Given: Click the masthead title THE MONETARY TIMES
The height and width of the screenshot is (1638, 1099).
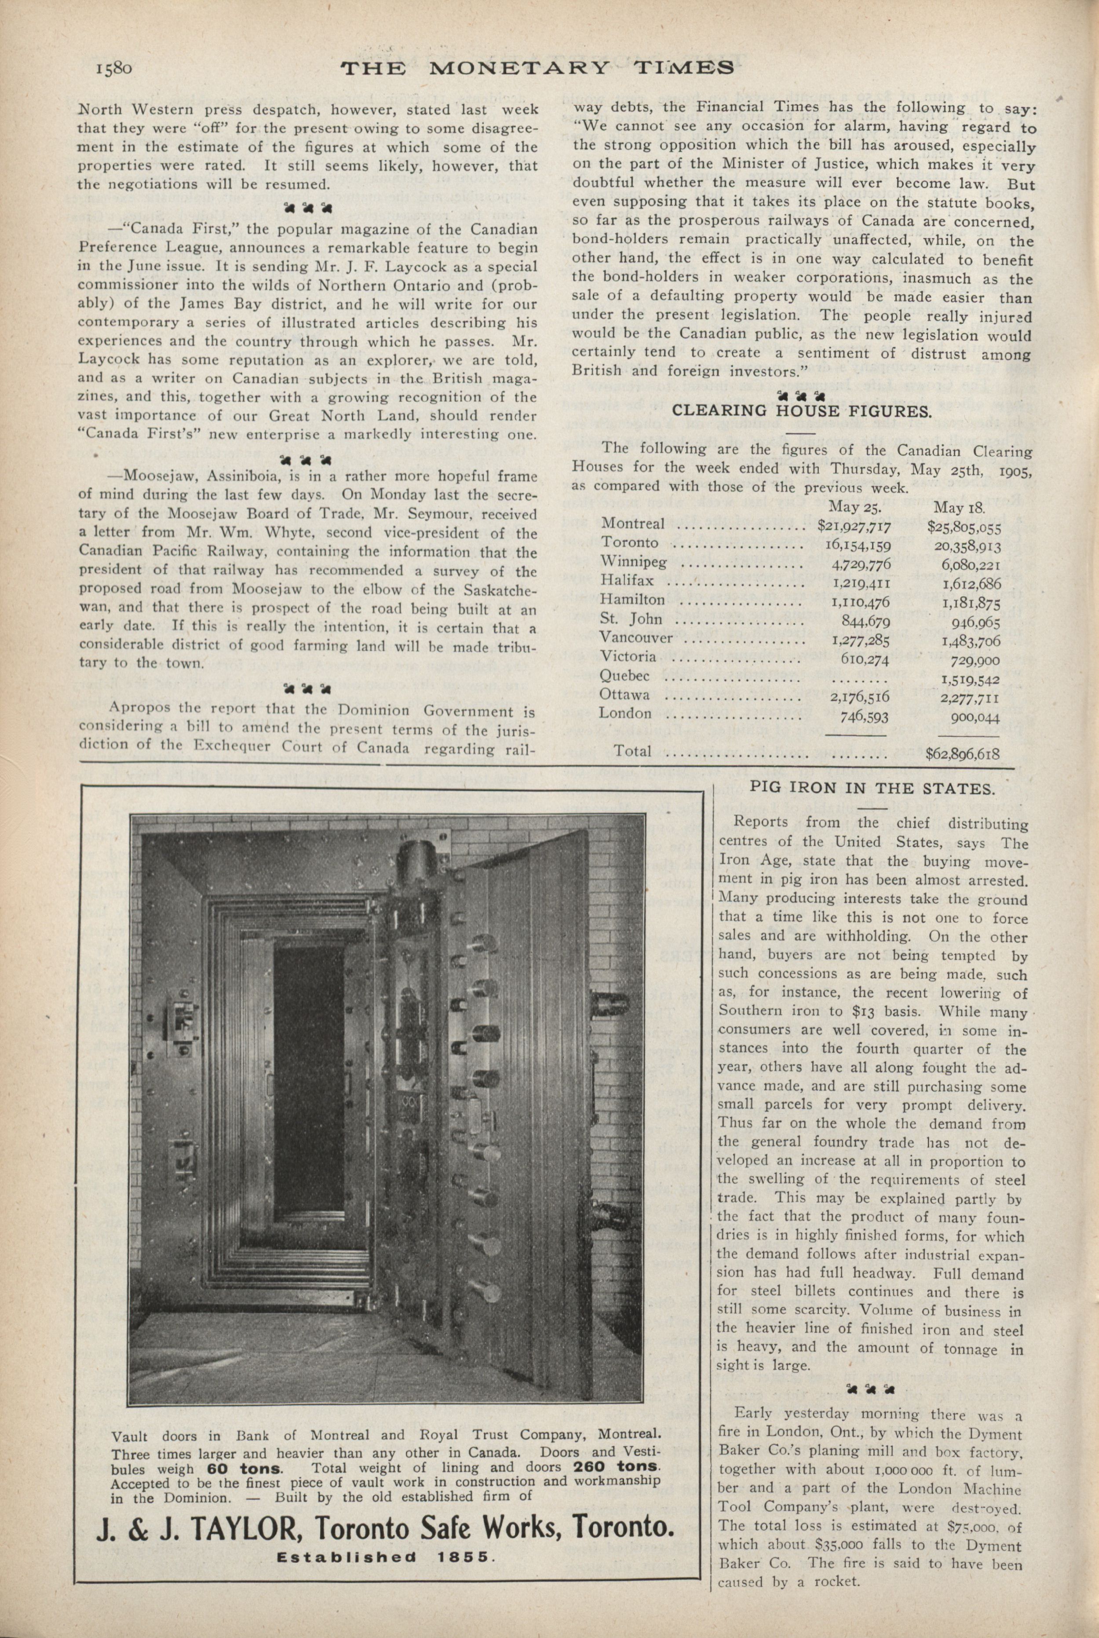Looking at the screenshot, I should [537, 68].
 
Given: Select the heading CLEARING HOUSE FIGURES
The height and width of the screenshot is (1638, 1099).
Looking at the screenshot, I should [802, 411].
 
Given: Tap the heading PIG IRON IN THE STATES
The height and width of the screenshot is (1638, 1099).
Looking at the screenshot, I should [872, 788].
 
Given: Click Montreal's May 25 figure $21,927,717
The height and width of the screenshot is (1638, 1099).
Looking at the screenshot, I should [854, 525].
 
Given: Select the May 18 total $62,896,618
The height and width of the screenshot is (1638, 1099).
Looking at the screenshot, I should [962, 754].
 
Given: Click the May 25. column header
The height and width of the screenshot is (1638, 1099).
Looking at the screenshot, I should [855, 507].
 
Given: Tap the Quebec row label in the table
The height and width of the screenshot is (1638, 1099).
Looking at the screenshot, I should [624, 676].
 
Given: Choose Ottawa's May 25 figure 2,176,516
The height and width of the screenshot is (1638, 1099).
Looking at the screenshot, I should [859, 697].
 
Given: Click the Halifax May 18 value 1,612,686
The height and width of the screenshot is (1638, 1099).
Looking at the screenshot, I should [971, 584].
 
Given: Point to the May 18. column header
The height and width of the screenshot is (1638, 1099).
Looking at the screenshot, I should [960, 507].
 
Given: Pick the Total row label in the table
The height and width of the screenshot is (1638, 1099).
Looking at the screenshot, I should [632, 751].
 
